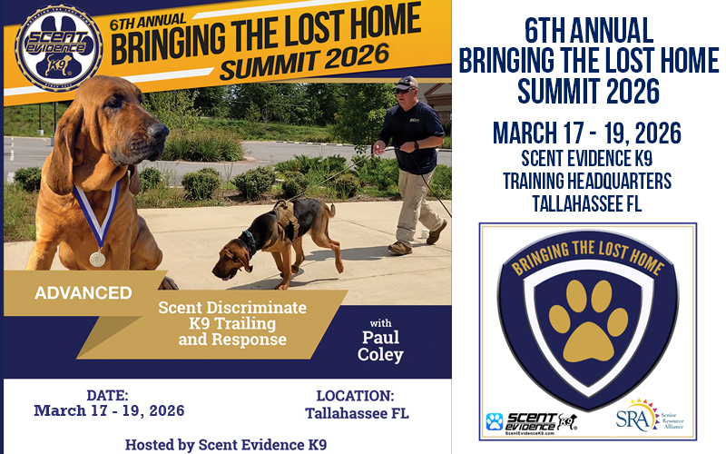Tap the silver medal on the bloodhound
(x=97, y=259)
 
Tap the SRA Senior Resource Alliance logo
(x=652, y=416)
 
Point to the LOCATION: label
(x=355, y=396)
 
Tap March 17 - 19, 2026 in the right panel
(x=587, y=133)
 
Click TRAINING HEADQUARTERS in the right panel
(x=587, y=181)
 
